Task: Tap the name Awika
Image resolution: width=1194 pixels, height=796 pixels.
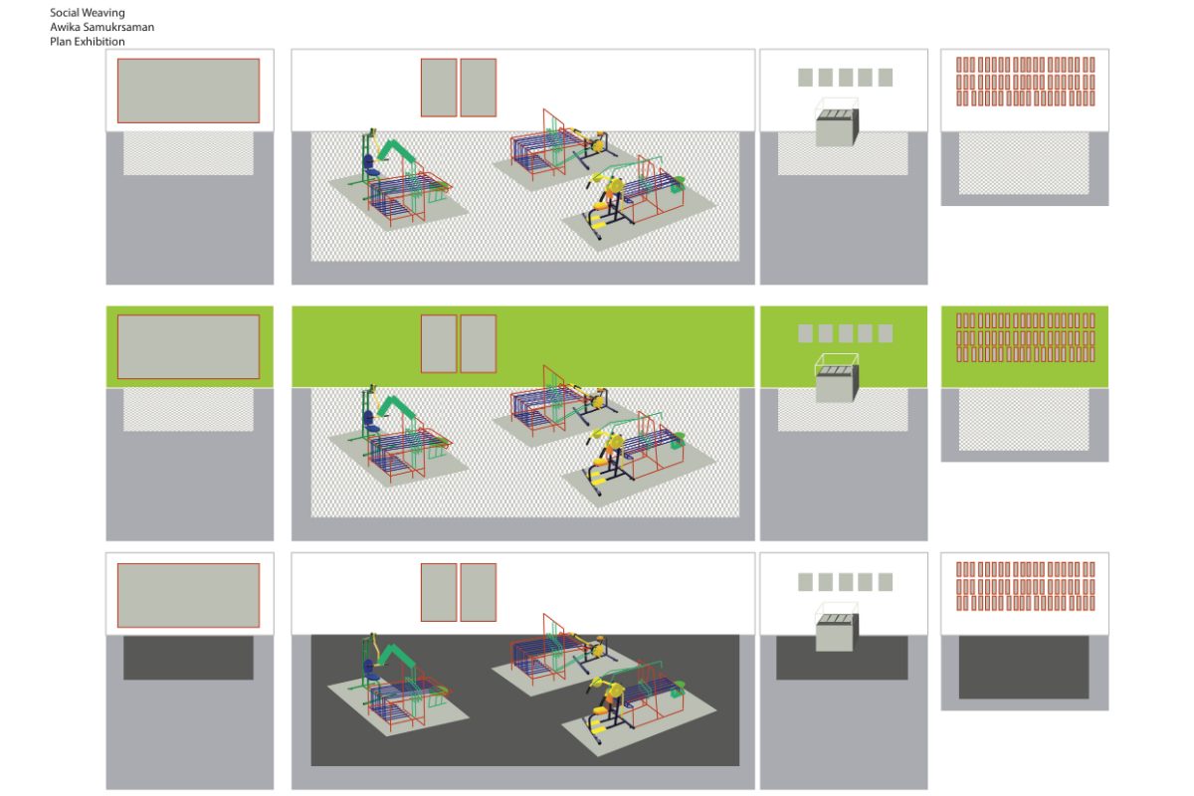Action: (65, 27)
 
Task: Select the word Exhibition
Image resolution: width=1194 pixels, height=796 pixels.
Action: (99, 42)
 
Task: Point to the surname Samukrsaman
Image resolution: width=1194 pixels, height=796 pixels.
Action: (118, 27)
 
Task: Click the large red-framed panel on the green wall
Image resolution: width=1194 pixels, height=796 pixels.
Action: (189, 347)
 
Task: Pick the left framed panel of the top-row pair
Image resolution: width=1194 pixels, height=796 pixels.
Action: (439, 88)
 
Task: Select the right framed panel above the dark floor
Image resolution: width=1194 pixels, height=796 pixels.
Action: (479, 592)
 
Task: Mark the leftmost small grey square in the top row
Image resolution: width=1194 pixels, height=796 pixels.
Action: (805, 78)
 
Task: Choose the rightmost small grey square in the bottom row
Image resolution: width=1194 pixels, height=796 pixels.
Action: (886, 582)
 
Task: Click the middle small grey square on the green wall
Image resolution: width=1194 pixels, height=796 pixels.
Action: (846, 333)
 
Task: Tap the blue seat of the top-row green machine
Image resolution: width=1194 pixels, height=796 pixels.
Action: (371, 167)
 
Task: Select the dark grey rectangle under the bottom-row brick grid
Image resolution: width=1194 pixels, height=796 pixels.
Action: (1024, 667)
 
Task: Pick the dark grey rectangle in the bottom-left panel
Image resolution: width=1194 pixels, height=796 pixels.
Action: (189, 658)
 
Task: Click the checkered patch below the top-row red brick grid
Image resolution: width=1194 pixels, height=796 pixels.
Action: (1024, 163)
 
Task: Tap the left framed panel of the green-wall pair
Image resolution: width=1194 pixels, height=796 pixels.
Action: (439, 344)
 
